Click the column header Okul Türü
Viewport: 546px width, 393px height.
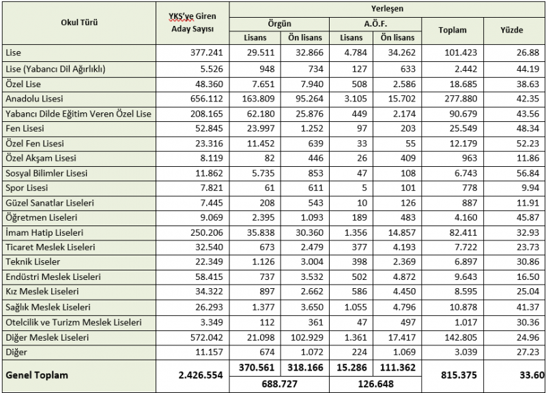(80, 22)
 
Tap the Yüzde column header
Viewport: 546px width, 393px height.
(512, 30)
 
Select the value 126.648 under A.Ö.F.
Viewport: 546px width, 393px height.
(374, 383)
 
